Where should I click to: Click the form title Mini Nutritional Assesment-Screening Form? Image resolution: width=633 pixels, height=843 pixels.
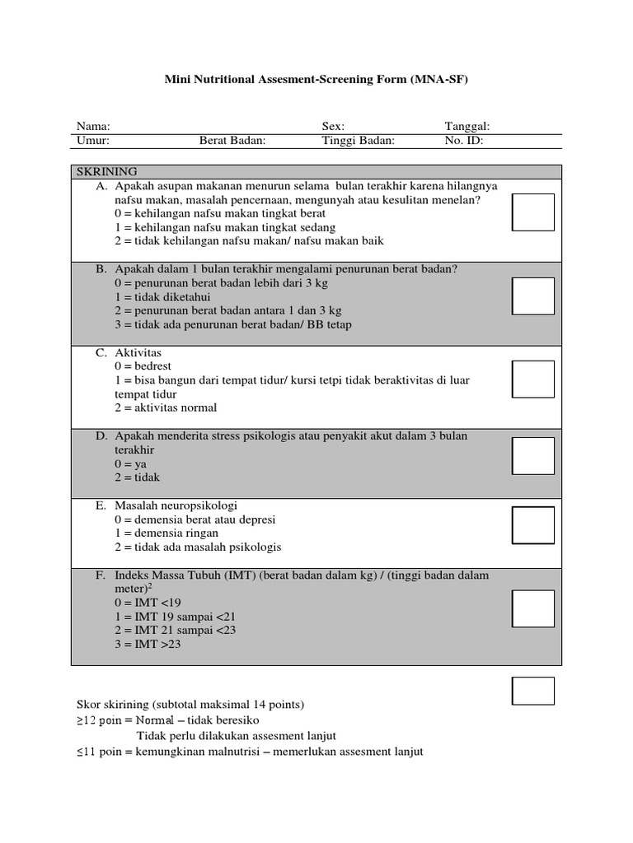pyautogui.click(x=316, y=80)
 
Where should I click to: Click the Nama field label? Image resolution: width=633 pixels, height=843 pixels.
pyautogui.click(x=93, y=127)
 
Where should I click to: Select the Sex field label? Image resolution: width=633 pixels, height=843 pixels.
pyautogui.click(x=333, y=127)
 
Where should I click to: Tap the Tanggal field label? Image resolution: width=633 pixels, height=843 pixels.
pyautogui.click(x=467, y=127)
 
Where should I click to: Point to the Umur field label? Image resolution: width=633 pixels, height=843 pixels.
pyautogui.click(x=93, y=141)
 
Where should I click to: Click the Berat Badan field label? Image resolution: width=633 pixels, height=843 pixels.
pyautogui.click(x=232, y=141)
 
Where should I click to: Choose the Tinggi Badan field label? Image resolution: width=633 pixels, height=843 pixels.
pyautogui.click(x=359, y=141)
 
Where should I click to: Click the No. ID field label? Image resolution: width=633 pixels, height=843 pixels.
pyautogui.click(x=464, y=141)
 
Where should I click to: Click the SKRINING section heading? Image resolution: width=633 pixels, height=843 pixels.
pyautogui.click(x=107, y=171)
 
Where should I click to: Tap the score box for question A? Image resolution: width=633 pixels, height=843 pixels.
pyautogui.click(x=533, y=212)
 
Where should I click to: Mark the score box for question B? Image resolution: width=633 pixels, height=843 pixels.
pyautogui.click(x=533, y=296)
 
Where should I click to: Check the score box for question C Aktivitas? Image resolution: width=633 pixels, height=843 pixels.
pyautogui.click(x=533, y=380)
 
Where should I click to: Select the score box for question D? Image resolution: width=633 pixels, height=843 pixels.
pyautogui.click(x=533, y=456)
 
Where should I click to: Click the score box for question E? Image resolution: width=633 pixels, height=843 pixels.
pyautogui.click(x=533, y=525)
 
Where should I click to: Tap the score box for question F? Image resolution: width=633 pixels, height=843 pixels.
pyautogui.click(x=533, y=609)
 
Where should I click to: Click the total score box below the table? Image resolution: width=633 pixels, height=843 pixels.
pyautogui.click(x=533, y=691)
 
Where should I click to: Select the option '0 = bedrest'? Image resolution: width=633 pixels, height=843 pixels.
pyautogui.click(x=143, y=366)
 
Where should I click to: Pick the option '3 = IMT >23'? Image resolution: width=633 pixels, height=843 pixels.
pyautogui.click(x=148, y=645)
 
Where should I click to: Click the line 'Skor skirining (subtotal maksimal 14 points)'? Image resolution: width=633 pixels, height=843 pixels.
pyautogui.click(x=190, y=705)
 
